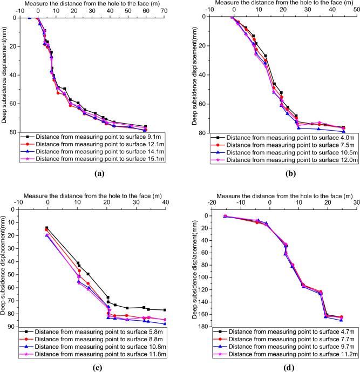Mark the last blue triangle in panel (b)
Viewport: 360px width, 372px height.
click(344, 131)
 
